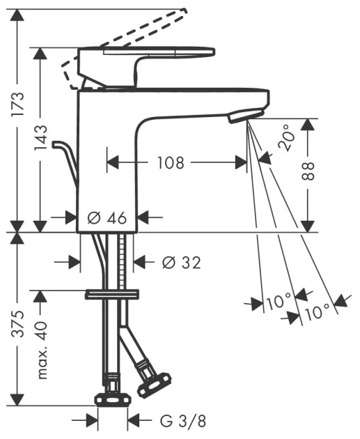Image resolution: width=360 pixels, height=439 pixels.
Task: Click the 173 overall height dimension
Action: pyautogui.click(x=18, y=104)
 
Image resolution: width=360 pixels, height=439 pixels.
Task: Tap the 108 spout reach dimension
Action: pyautogui.click(x=171, y=162)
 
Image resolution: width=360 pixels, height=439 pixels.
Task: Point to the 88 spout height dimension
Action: pyautogui.click(x=308, y=171)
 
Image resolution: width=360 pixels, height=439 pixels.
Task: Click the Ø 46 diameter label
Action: pyautogui.click(x=107, y=217)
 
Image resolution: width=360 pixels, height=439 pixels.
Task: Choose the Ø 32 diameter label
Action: pyautogui.click(x=182, y=263)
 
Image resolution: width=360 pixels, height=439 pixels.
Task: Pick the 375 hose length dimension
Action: pyautogui.click(x=18, y=323)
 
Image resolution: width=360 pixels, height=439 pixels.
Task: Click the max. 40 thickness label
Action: pyautogui.click(x=41, y=350)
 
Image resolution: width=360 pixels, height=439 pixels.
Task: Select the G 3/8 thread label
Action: pyautogui.click(x=183, y=420)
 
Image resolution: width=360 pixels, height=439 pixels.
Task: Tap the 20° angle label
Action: pyautogui.click(x=287, y=138)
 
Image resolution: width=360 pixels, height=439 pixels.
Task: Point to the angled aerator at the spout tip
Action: pyautogui.click(x=246, y=116)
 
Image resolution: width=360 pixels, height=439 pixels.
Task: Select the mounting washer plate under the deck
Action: pyautogui.click(x=112, y=294)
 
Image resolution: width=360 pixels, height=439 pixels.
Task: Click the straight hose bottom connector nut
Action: pyautogui.click(x=113, y=400)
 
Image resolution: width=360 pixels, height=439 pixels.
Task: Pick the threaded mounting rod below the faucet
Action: pyautogui.click(x=121, y=261)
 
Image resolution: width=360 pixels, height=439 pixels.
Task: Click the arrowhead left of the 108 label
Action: pyautogui.click(x=113, y=162)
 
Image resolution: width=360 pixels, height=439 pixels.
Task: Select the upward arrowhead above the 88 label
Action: pyautogui.click(x=308, y=125)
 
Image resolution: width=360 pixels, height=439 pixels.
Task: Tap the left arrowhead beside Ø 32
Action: pyautogui.click(x=75, y=262)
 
